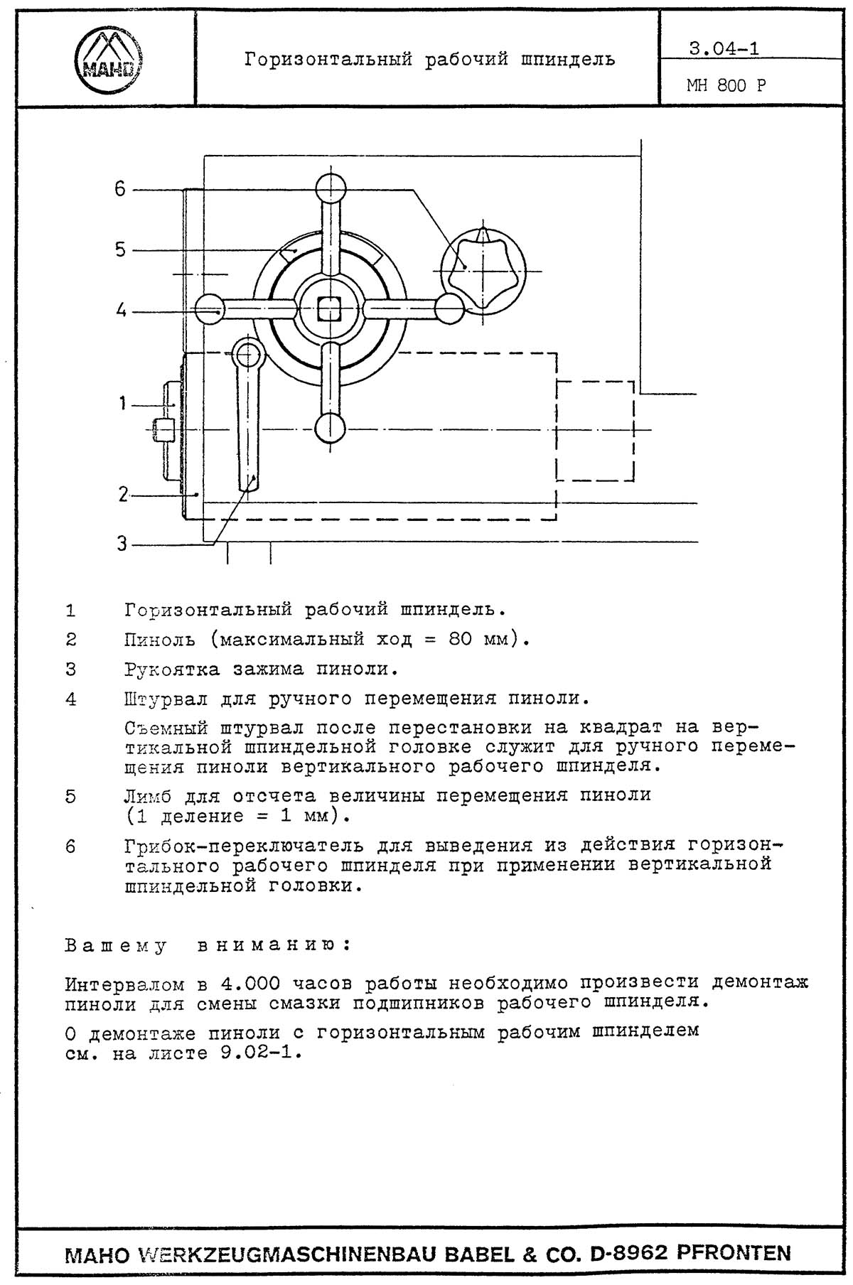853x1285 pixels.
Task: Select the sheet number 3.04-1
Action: coord(724,49)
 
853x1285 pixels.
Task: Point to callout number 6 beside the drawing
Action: coord(120,189)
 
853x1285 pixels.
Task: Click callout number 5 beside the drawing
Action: coord(120,249)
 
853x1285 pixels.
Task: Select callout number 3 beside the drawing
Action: coord(122,544)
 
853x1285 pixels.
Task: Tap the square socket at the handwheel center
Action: coord(330,309)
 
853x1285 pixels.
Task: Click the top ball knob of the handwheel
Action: coord(331,189)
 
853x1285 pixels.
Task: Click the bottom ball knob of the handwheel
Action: coord(330,429)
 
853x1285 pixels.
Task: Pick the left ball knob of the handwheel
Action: coord(210,309)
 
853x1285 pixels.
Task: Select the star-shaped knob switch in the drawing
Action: coord(483,271)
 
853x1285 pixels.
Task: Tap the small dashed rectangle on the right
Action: coord(595,431)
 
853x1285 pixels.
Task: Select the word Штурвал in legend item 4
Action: coord(166,699)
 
